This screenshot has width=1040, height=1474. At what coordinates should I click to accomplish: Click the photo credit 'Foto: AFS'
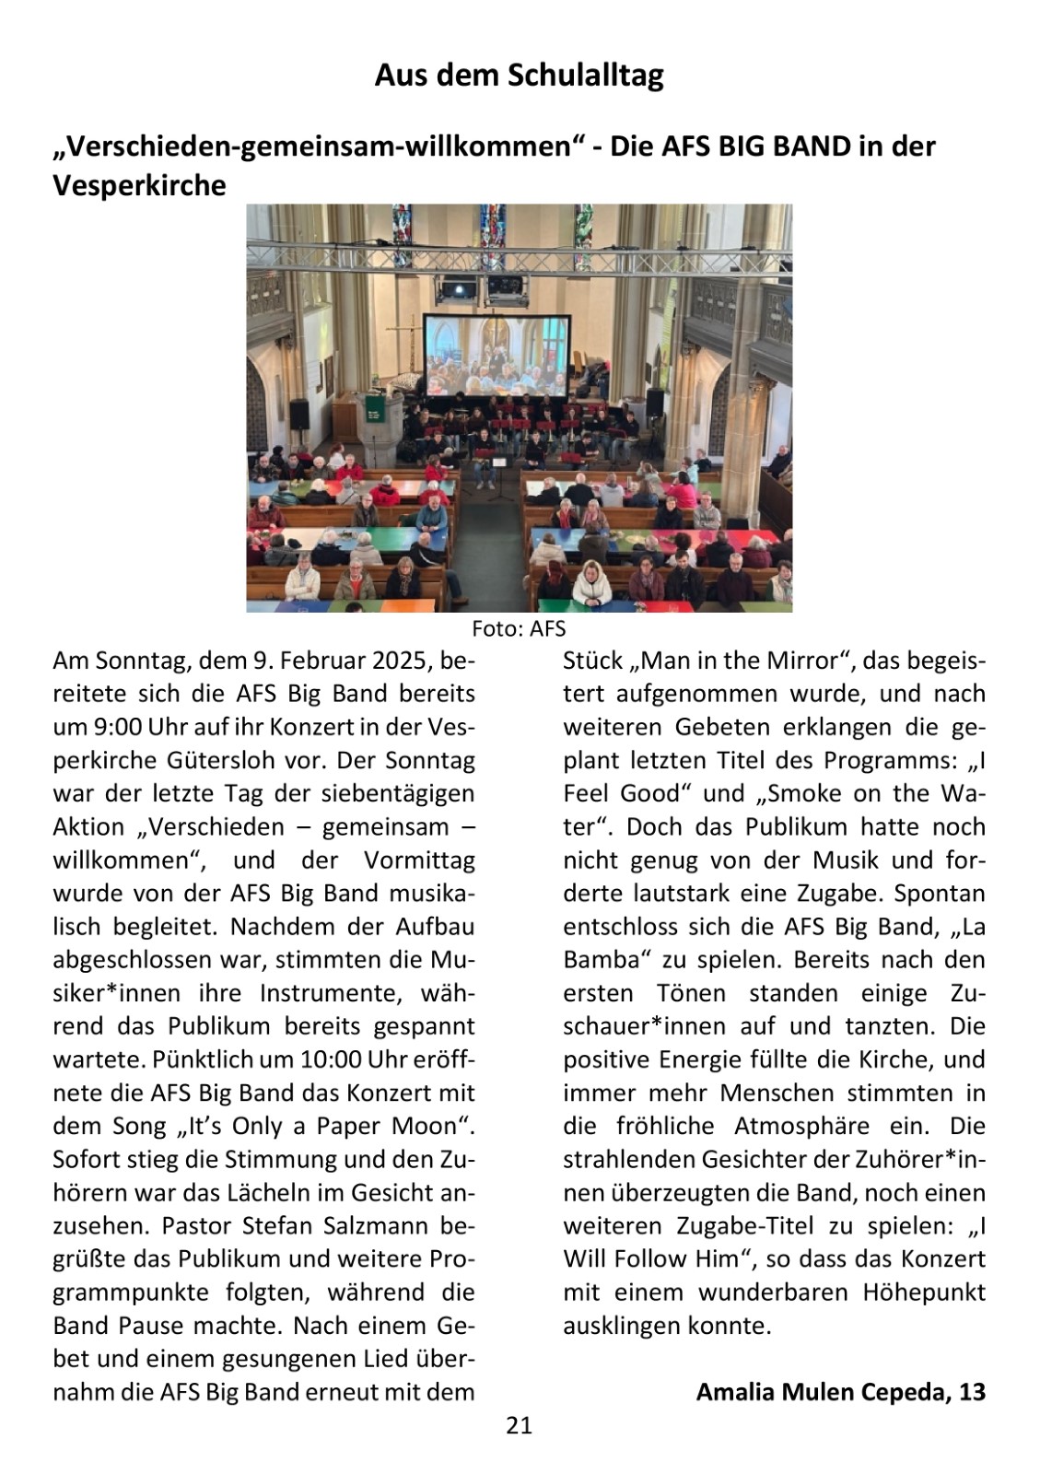coord(519,629)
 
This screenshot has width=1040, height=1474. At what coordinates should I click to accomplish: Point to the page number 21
coord(520,1426)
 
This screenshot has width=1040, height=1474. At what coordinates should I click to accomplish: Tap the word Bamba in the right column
coord(601,959)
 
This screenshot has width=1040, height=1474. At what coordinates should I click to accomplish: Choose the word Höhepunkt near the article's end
coord(924,1293)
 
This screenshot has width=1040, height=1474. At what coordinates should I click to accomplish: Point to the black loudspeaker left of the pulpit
coord(299,413)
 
